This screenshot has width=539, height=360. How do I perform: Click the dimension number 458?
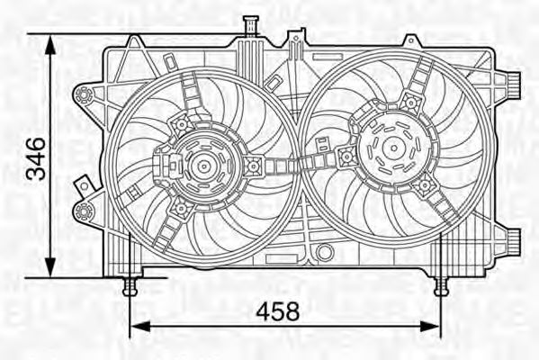[277, 311]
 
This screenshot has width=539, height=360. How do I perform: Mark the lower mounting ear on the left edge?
[85, 211]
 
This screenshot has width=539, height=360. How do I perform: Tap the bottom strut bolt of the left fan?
[180, 209]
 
